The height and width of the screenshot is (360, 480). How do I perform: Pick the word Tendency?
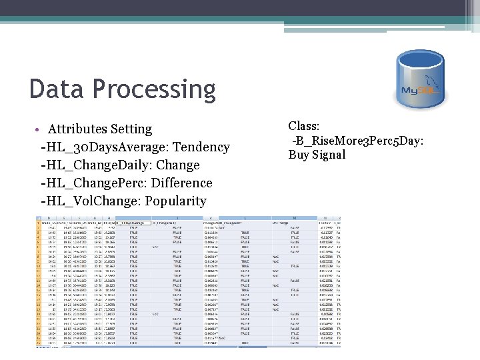202,147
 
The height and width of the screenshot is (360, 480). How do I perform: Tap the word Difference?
183,183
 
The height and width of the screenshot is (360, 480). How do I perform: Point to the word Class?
304,126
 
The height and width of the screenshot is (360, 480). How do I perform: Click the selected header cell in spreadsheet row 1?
133,222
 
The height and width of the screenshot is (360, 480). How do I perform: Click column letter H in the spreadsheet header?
107,217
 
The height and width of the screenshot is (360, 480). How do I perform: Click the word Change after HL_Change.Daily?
177,165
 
